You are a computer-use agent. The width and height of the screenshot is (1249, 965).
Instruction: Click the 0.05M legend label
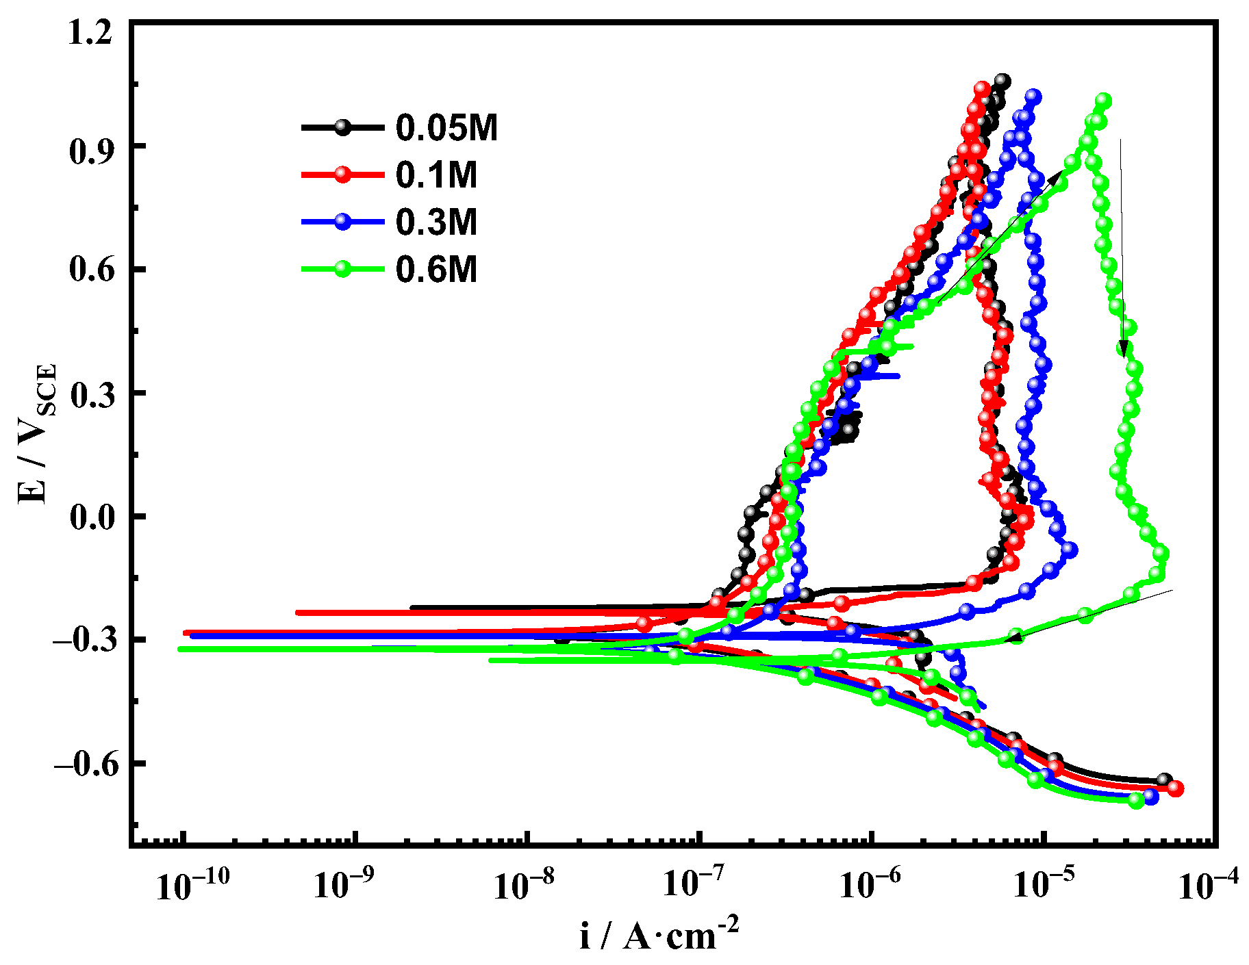446,128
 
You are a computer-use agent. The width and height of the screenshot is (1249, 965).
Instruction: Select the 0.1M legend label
436,175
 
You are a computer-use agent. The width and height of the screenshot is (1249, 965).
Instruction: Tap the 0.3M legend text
436,222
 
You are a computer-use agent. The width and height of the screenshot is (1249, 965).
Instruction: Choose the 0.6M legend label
436,270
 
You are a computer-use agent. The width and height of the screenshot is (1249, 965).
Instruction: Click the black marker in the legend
342,127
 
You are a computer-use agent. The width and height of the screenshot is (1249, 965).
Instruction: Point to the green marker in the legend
342,269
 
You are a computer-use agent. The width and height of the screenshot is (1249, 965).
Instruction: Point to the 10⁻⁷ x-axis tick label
698,886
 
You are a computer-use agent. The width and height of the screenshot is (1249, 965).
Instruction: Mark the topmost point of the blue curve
1033,97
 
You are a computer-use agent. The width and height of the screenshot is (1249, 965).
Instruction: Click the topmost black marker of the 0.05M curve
1002,81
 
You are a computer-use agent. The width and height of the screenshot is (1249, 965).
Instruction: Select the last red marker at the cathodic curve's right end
1176,788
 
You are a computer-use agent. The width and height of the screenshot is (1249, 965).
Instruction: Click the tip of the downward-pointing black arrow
1123,357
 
